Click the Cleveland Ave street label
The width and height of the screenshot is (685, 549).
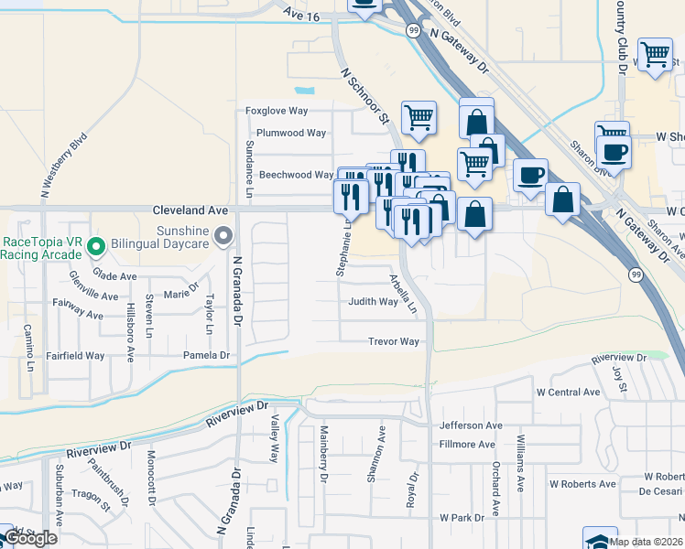[x=190, y=210]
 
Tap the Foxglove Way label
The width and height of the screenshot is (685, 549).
[x=277, y=111]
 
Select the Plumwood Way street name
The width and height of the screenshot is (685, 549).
[x=291, y=133]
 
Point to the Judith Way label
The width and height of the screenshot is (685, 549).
[x=373, y=301]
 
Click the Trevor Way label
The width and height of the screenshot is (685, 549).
[x=394, y=342]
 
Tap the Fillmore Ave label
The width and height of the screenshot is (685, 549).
[x=467, y=445]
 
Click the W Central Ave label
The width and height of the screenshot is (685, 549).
[x=568, y=393]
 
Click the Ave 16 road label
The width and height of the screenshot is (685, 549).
[x=303, y=15]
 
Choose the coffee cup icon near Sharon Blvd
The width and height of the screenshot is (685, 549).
[x=614, y=151]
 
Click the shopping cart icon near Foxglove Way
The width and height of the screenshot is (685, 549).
[x=419, y=117]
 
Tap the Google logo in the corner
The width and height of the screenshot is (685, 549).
[x=29, y=538]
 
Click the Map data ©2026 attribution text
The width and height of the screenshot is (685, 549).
[x=645, y=542]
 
